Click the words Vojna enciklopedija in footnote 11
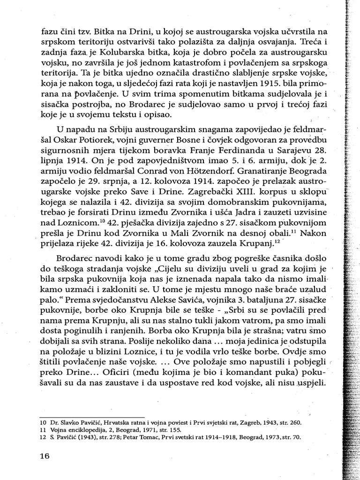click(x=70, y=429)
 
